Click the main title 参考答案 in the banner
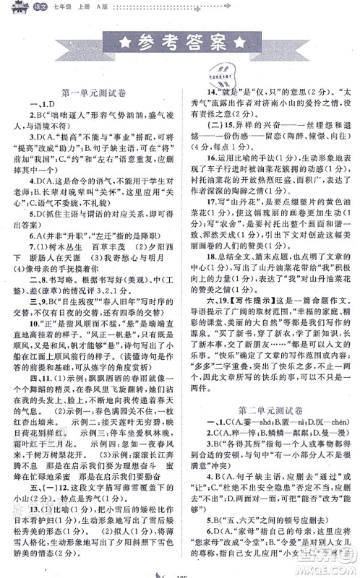(x=181, y=43)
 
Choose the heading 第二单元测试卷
(x=267, y=390)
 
